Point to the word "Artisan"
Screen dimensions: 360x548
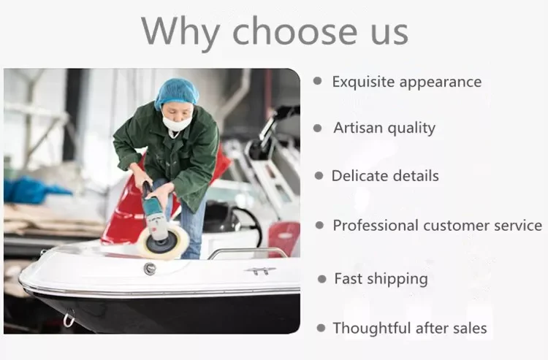tap(358, 128)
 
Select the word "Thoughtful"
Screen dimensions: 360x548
tap(371, 329)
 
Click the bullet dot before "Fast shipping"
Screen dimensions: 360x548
tap(321, 279)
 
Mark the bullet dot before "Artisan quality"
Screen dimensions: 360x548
tap(317, 128)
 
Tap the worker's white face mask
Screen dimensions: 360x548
tap(178, 123)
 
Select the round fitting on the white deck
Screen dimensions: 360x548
tap(150, 269)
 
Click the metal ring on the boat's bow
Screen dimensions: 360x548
tap(68, 319)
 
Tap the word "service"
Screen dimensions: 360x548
tap(509, 226)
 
